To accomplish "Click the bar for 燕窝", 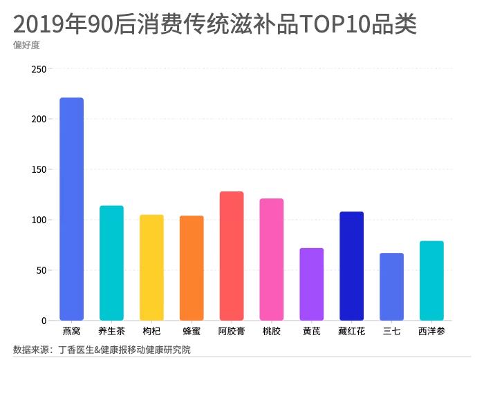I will point(71,209).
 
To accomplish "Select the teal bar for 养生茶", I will point(111,263).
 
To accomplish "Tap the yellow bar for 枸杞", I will point(151,267).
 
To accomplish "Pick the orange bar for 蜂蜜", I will point(192,268).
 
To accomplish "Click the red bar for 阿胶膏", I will point(232,256).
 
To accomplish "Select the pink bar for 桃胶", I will point(272,260).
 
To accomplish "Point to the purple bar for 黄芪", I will point(311,284).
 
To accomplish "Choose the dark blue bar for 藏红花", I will point(351,266).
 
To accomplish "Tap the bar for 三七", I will point(391,287).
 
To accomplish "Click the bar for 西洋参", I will point(431,281).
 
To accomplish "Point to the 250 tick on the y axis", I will point(39,69).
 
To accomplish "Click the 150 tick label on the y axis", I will point(39,170).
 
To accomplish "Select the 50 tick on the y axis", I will point(41,270).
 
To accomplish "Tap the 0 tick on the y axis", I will point(44,321).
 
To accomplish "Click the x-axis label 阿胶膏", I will point(232,332).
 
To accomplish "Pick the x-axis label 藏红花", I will point(351,332).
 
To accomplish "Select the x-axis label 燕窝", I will point(71,332).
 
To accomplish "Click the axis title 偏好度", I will point(25,46).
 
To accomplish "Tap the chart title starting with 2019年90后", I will point(215,24).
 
